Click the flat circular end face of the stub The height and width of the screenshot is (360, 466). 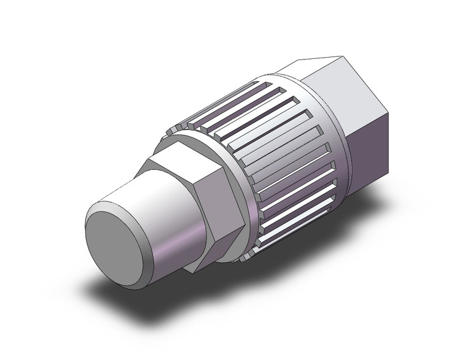pos(113,240)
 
